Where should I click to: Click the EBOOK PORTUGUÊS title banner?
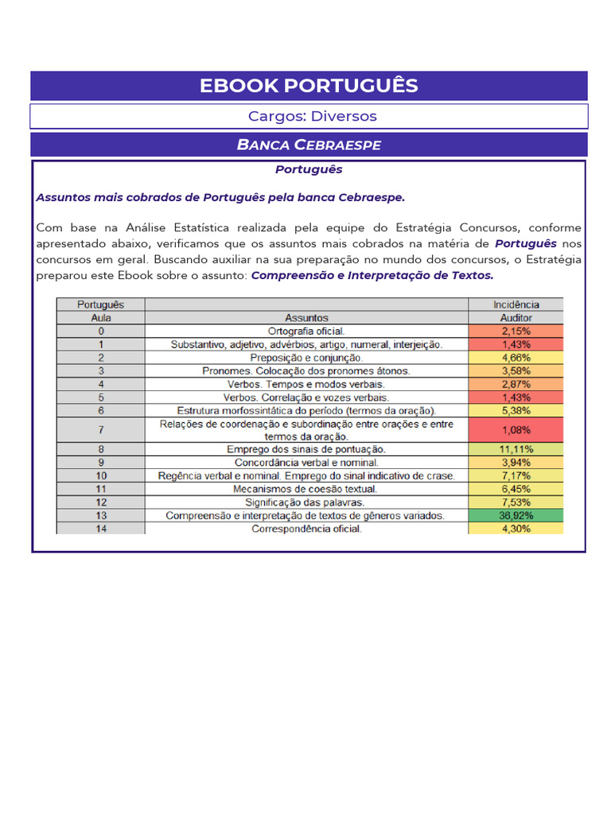point(309,86)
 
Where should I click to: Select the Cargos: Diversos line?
point(312,116)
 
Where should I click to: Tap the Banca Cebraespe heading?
point(309,145)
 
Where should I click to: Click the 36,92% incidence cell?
point(516,515)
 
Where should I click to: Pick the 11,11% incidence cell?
point(516,449)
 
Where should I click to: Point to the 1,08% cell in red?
point(516,429)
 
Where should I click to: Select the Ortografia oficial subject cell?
point(306,331)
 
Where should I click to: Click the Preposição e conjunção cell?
point(306,358)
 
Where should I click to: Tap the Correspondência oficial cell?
point(306,529)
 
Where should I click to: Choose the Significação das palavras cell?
point(306,502)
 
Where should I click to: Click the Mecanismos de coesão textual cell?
point(306,489)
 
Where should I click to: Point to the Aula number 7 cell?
point(101,429)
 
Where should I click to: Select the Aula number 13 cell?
point(101,515)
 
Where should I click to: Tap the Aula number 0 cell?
point(101,331)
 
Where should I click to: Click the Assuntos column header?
point(306,317)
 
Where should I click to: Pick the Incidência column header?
point(516,304)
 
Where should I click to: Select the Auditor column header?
point(516,317)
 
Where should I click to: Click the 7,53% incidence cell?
point(516,502)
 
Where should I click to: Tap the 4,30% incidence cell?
point(516,529)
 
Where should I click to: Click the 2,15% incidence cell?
point(516,331)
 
